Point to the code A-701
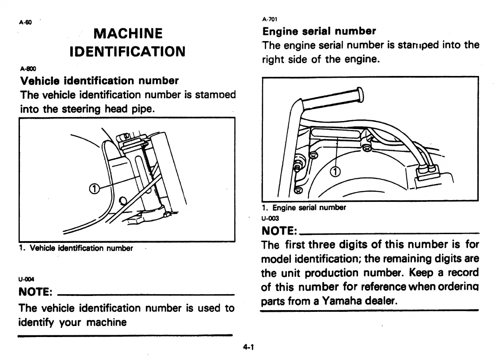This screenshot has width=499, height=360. point(269,19)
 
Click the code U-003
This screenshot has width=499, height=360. point(270,217)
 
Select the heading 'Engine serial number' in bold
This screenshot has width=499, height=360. point(319,31)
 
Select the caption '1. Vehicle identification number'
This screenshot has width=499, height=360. point(76,248)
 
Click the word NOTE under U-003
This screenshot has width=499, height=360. point(280,231)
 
